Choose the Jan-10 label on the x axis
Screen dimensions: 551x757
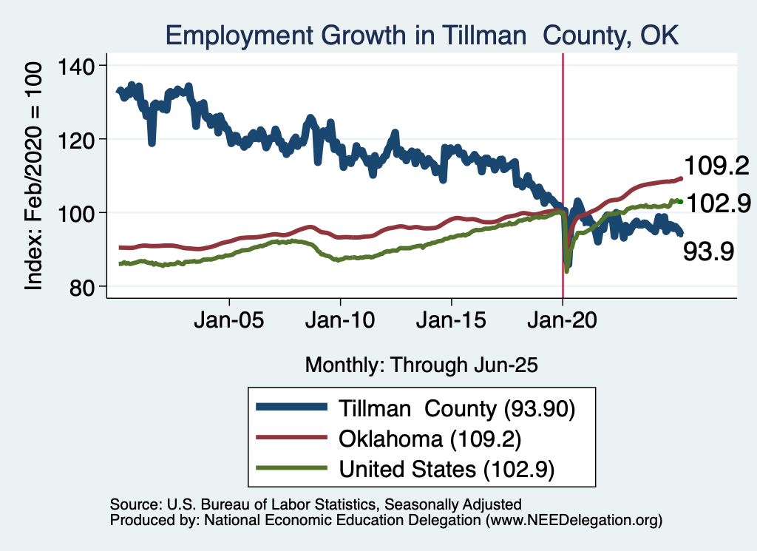pos(340,322)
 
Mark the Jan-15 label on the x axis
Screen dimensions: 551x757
pos(452,322)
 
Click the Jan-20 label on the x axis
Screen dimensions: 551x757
pos(563,322)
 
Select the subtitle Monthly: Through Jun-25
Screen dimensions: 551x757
pos(421,365)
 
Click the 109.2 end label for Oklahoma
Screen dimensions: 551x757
pos(717,165)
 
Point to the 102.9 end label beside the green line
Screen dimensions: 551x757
pos(717,202)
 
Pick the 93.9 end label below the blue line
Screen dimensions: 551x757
pos(707,252)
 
